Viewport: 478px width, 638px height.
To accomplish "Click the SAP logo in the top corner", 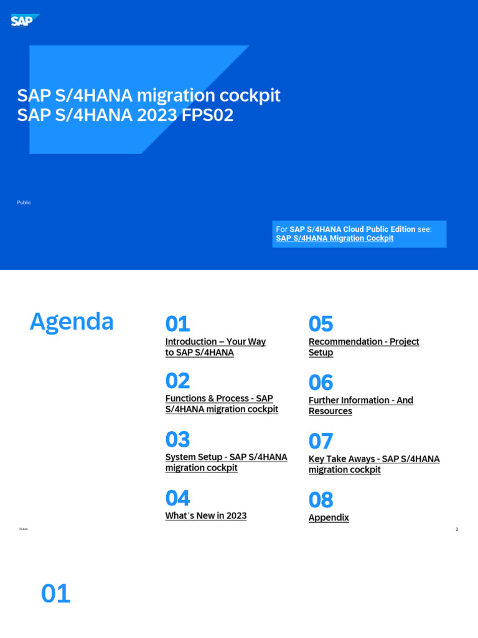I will click(x=24, y=21).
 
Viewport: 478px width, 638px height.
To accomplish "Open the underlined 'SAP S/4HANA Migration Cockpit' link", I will click(x=334, y=239).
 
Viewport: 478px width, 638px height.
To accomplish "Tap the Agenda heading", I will click(x=72, y=322).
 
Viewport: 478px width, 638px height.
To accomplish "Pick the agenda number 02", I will click(x=177, y=381).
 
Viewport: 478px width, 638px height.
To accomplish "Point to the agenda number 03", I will click(x=177, y=440).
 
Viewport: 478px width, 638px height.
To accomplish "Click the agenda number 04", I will click(x=177, y=498).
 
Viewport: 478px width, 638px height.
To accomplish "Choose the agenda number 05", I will click(x=321, y=324).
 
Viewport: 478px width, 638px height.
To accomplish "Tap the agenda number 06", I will click(x=321, y=383).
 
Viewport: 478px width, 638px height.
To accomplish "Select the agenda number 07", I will click(x=321, y=442).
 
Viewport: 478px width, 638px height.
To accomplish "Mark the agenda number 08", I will click(x=321, y=500).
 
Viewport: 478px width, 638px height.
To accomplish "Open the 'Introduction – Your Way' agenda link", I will click(x=215, y=342).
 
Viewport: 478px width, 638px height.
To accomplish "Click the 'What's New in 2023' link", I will click(x=205, y=516).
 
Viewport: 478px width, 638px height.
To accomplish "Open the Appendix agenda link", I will click(x=329, y=518).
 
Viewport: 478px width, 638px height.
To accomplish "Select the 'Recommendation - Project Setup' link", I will click(x=363, y=342).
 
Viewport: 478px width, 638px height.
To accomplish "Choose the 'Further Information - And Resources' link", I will click(x=360, y=401).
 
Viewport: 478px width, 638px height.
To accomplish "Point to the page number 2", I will click(x=457, y=530).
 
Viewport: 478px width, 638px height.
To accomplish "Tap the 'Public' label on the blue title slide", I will click(x=24, y=202).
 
